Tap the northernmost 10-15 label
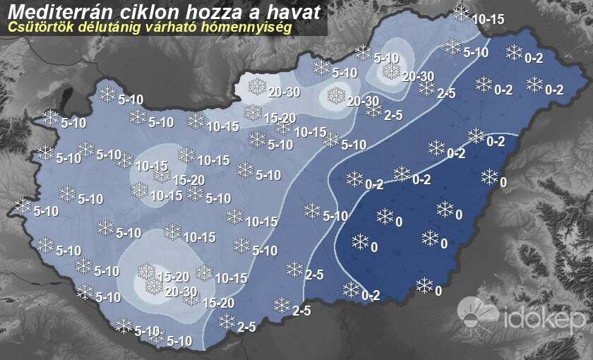tap(489, 19)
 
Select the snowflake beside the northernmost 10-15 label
tap(461, 13)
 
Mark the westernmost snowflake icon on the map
tap(23, 206)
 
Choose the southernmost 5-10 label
tap(179, 342)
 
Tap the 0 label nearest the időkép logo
tap(438, 290)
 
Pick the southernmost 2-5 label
tap(246, 327)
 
